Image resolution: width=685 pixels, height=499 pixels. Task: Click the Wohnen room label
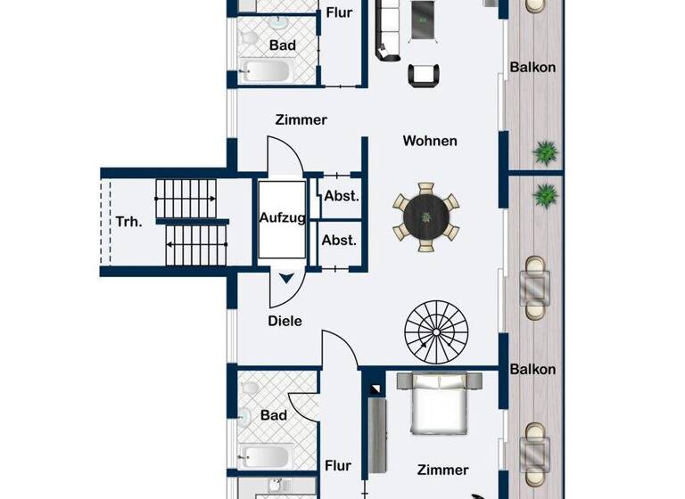click(x=430, y=141)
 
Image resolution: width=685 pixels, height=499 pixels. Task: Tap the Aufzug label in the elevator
click(x=283, y=217)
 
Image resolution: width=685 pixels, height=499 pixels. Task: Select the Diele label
click(x=285, y=321)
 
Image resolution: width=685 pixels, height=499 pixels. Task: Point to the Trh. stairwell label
click(x=128, y=222)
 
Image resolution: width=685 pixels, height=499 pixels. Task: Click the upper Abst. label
click(x=340, y=196)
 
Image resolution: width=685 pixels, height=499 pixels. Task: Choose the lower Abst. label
click(x=339, y=241)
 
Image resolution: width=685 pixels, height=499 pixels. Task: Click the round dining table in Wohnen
click(x=427, y=217)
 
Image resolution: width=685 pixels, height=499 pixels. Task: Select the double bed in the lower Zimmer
click(x=438, y=405)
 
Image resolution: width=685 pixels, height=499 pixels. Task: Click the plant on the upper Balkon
click(x=544, y=151)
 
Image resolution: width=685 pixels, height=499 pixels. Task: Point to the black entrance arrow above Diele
click(x=286, y=279)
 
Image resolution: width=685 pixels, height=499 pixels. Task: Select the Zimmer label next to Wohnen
click(x=301, y=119)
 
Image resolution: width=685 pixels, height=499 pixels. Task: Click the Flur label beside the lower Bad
click(x=338, y=465)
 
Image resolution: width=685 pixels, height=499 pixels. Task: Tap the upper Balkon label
click(x=532, y=67)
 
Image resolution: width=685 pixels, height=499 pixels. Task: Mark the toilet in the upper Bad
click(x=250, y=38)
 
